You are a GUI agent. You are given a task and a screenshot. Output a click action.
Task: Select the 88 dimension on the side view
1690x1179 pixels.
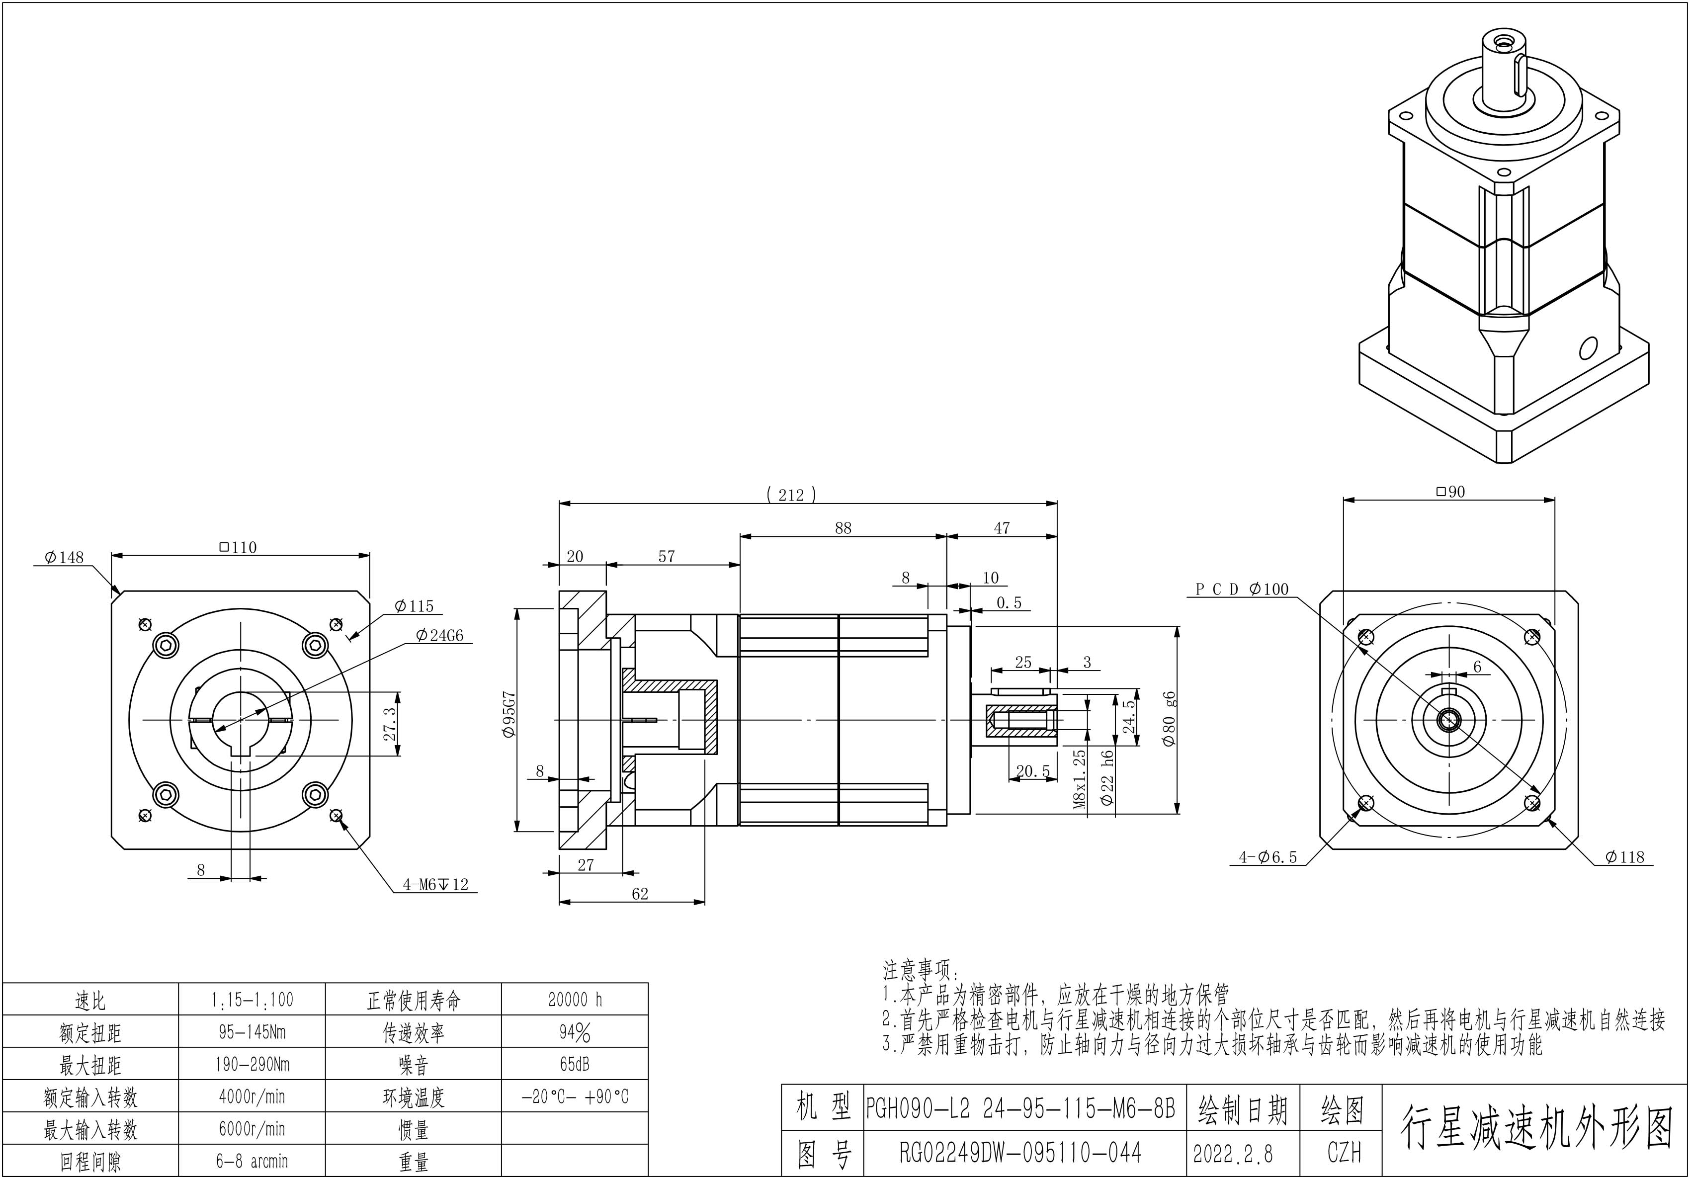coord(843,528)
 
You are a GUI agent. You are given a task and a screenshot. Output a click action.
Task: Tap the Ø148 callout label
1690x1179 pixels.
coord(64,557)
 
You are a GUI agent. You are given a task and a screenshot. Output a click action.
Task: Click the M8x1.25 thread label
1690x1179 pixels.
coord(1080,779)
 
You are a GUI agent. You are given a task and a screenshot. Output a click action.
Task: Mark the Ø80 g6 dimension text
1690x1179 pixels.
coord(1169,718)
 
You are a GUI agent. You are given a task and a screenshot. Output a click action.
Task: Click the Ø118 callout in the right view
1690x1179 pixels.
coord(1624,856)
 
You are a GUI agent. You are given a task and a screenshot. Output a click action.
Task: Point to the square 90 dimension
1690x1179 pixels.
coord(1450,492)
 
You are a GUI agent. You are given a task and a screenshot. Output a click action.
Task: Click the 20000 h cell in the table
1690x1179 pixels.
coord(575,1000)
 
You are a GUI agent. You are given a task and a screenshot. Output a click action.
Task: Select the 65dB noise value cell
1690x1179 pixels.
coord(575,1064)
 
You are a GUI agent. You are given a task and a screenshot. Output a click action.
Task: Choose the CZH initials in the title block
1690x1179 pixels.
coord(1344,1153)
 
